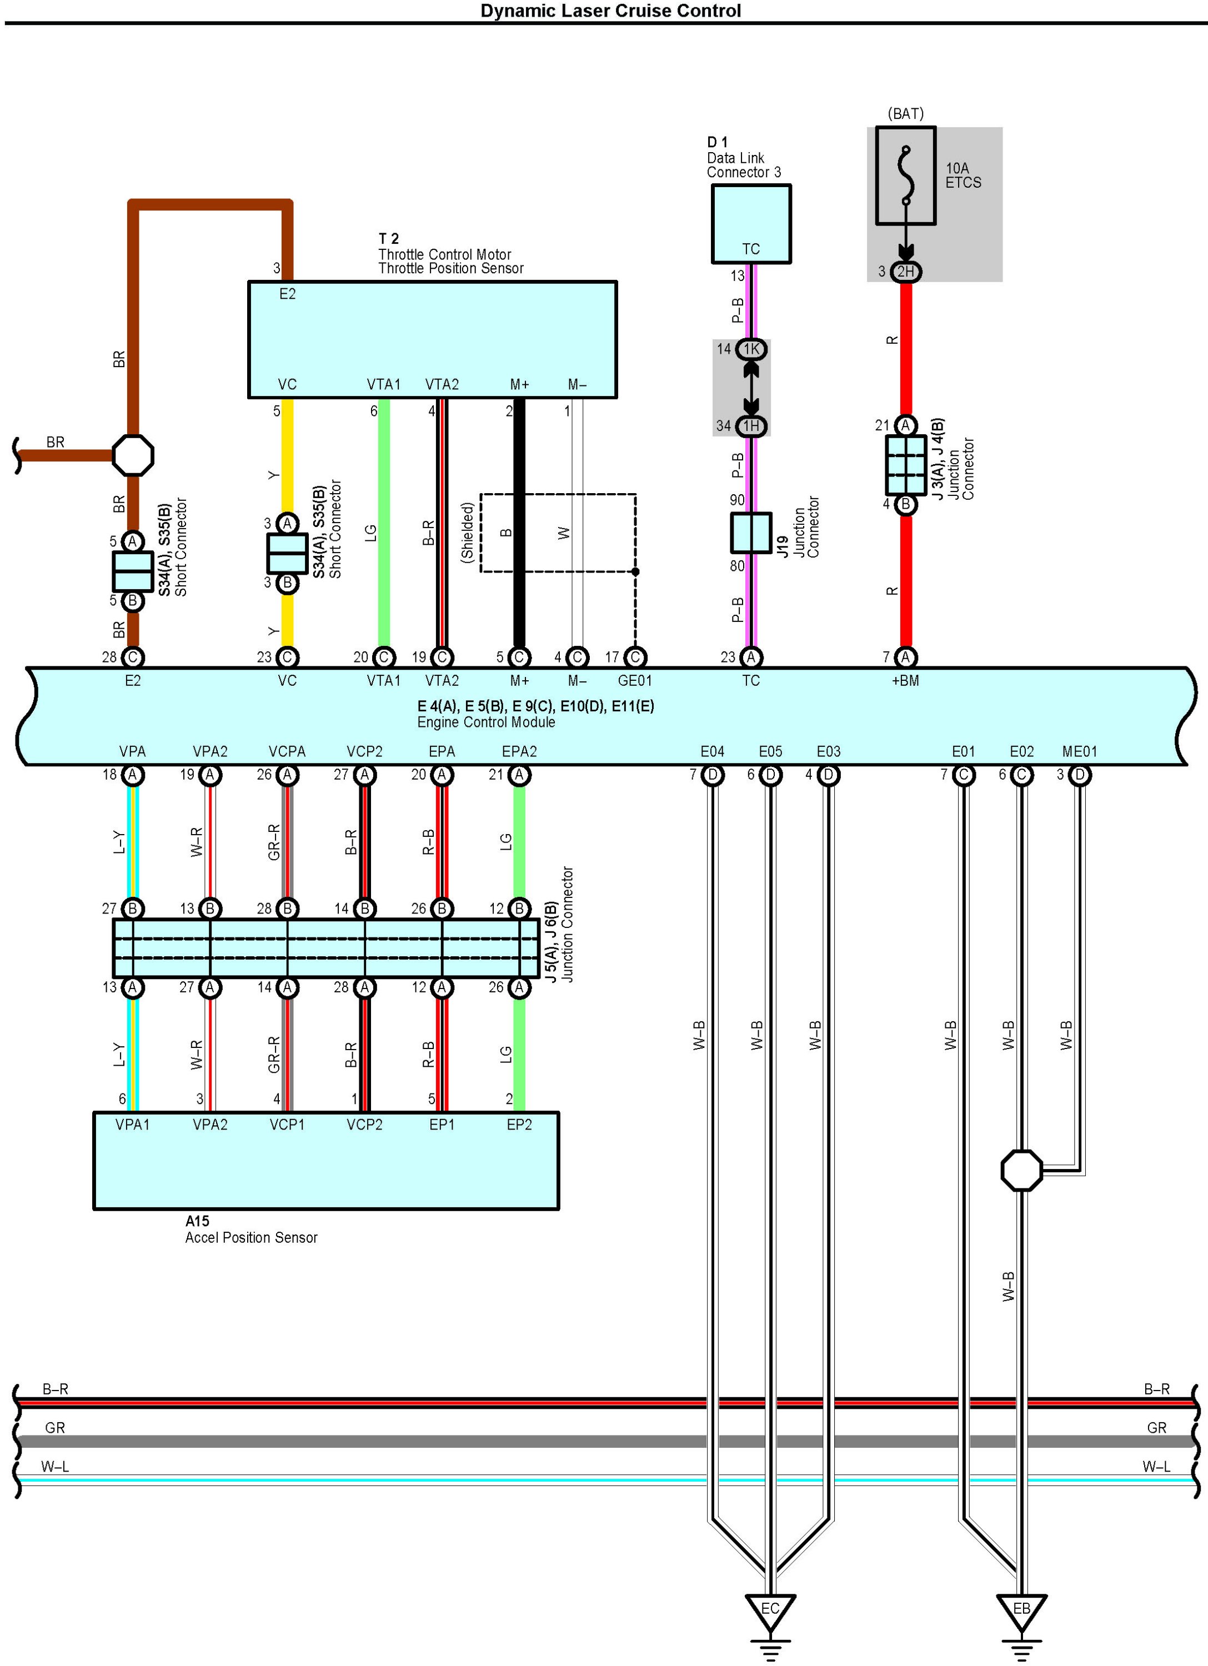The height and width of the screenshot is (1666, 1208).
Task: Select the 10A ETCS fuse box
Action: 905,176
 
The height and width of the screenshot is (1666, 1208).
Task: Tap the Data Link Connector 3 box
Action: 751,223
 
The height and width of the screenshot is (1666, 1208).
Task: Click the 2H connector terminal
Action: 906,272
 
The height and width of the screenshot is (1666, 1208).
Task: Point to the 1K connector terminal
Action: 751,349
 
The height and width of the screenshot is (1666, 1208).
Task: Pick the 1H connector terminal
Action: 751,426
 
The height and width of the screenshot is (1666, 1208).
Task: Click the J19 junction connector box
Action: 751,533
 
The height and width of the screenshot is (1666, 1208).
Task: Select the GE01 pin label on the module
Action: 635,681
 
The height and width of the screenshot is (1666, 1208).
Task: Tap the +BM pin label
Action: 905,681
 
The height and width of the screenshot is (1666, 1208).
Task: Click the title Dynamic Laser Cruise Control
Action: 610,11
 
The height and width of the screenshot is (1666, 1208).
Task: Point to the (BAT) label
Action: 905,114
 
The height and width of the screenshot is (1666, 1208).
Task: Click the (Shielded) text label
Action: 467,533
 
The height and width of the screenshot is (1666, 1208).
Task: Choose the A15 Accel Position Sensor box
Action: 326,1161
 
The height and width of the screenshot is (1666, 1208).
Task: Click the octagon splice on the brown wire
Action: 133,455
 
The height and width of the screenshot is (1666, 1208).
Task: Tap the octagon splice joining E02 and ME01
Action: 1021,1171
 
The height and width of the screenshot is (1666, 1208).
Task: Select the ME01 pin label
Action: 1079,751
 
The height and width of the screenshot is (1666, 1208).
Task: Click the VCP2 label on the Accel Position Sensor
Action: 364,1125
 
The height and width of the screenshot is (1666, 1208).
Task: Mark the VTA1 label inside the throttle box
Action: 384,384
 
